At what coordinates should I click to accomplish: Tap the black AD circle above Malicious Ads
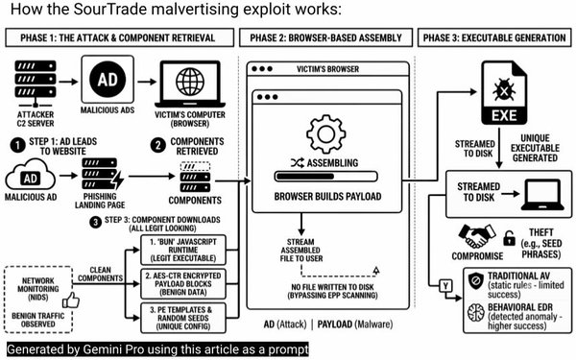108,80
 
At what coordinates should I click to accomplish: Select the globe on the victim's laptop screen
190,82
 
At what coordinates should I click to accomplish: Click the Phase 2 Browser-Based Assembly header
325,37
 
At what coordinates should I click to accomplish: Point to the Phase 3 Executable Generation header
494,37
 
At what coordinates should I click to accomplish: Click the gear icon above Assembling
325,134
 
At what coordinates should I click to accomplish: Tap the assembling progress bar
325,177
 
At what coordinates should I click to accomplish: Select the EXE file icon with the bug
504,93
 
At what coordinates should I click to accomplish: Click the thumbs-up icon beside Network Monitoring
71,300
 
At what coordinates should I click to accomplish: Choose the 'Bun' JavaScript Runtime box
183,251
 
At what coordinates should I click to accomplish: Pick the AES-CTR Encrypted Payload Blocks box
183,284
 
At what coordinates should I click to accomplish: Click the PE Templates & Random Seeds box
183,318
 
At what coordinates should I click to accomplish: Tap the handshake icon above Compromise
477,235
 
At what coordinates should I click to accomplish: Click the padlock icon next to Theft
509,238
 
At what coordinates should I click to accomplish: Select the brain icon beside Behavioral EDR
476,313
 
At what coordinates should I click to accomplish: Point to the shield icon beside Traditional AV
476,281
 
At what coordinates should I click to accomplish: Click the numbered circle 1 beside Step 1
17,146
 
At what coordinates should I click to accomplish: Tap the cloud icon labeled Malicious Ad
30,176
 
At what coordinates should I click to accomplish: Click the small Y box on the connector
445,285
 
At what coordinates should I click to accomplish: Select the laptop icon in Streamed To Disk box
542,195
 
